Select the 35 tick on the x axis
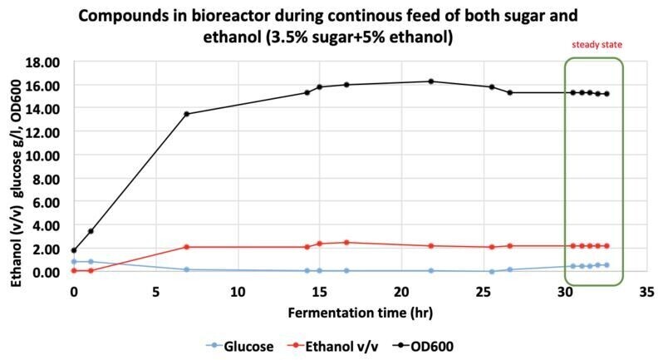[x=646, y=292]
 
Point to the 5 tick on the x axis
[x=155, y=292]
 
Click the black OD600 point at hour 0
[x=74, y=250]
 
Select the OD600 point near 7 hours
[x=186, y=114]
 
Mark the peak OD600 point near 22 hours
[x=430, y=81]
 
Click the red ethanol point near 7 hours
[x=186, y=247]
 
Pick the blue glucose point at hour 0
[x=74, y=261]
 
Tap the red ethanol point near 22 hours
[x=430, y=246]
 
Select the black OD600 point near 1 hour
[x=91, y=231]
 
